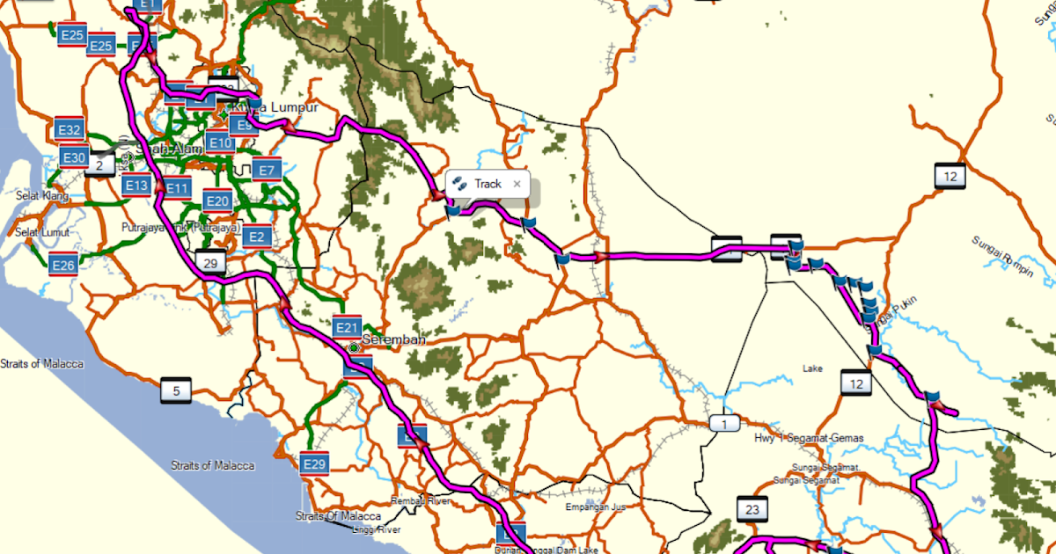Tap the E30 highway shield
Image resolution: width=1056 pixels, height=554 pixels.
(x=74, y=158)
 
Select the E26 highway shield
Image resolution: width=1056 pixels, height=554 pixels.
(x=62, y=265)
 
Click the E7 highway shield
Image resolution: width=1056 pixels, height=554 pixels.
(x=268, y=170)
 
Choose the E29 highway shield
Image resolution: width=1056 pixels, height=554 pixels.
(x=314, y=463)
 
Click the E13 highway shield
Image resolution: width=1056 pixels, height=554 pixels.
(x=136, y=186)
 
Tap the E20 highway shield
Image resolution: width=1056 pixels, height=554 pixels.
(x=218, y=201)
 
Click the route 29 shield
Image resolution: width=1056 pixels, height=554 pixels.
(x=209, y=263)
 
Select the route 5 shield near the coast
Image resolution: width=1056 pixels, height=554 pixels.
(x=176, y=391)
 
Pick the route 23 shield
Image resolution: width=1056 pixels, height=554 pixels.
(x=752, y=509)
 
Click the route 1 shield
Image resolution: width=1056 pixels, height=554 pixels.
(x=724, y=425)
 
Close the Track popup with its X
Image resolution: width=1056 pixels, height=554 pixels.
(x=517, y=184)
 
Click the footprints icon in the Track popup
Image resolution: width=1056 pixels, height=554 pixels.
(x=459, y=184)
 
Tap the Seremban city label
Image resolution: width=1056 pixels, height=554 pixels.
(x=394, y=339)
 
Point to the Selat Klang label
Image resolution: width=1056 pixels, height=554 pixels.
(x=42, y=196)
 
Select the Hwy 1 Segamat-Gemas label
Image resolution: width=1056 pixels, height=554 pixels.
(x=810, y=438)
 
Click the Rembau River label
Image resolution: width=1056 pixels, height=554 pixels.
(x=421, y=500)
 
